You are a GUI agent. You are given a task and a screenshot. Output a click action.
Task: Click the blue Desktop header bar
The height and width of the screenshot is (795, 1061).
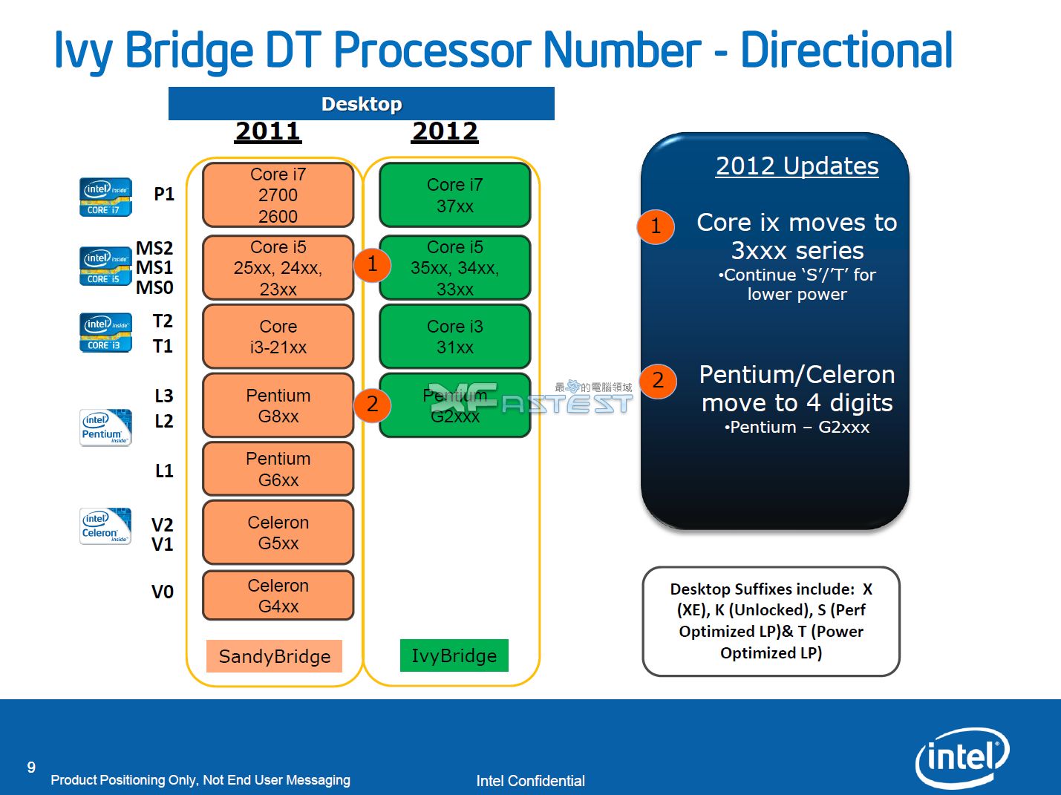point(361,104)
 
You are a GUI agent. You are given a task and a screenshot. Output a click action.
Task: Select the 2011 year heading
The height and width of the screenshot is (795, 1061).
point(268,131)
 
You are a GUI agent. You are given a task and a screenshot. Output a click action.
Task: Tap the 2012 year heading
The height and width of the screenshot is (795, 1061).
point(445,131)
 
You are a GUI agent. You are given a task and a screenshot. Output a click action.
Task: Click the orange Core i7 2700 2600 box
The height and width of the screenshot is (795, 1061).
point(278,195)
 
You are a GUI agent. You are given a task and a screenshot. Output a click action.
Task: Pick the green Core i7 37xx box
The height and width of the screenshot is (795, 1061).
point(454,195)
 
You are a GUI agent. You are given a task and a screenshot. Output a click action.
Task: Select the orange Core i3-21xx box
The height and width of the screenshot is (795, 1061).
point(278,337)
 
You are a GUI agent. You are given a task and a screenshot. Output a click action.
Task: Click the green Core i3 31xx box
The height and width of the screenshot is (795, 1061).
point(454,337)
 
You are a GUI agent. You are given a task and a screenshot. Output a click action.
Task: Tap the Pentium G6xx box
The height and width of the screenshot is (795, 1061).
point(278,469)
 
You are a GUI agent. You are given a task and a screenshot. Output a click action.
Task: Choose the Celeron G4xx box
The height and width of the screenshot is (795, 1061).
point(278,595)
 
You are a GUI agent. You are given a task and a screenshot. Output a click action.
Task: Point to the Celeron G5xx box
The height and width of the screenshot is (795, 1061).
point(278,532)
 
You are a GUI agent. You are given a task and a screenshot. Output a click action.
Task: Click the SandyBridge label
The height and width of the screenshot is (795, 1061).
point(274,656)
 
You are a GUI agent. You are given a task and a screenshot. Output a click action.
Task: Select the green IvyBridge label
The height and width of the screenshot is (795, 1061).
point(454,655)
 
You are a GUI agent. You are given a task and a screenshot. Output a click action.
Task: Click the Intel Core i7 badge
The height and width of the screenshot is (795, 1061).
point(105,197)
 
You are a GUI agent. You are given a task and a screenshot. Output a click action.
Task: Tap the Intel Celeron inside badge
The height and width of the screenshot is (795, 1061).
point(105,526)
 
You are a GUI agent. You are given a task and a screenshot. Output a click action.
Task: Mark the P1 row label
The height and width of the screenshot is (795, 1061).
point(163,194)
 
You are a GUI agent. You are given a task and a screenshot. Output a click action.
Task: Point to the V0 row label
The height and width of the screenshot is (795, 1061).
point(162,592)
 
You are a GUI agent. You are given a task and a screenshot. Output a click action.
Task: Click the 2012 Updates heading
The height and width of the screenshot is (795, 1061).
point(797,166)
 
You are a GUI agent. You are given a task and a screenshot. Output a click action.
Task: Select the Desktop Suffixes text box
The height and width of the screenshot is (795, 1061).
point(771,621)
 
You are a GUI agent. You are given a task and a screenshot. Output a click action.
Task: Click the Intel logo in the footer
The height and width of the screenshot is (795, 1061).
point(962,757)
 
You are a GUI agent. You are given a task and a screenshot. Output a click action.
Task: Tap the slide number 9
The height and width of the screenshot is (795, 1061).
point(31,768)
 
